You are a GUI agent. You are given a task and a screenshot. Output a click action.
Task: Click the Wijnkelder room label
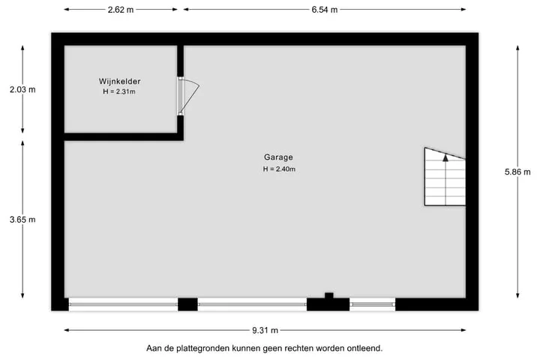coord(119,82)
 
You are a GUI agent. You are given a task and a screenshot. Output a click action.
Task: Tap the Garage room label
coord(278,157)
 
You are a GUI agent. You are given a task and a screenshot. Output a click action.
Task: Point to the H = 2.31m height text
coord(119,91)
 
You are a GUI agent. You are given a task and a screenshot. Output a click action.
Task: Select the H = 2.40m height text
coord(279,169)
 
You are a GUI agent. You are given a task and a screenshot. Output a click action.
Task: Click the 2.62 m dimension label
coord(121,10)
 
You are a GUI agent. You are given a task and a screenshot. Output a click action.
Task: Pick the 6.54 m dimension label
coord(325,10)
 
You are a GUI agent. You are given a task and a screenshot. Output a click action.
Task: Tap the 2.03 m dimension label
coord(22,89)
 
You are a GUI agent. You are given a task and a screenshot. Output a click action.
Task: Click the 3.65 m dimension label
coord(22,220)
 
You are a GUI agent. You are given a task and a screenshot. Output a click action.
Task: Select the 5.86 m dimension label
coord(517,172)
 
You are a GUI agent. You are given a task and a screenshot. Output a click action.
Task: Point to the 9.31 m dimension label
coord(265,330)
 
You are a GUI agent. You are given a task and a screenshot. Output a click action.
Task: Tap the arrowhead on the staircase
coord(445,157)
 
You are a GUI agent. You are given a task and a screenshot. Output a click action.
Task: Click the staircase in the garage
coord(445,177)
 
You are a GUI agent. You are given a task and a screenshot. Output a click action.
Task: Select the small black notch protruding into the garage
coord(329,295)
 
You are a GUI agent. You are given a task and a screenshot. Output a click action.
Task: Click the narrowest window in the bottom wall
coord(372,304)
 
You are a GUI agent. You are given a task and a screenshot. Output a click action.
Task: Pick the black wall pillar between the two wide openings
coord(187,304)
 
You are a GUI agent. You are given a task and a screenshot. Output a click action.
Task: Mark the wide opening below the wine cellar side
coord(123,304)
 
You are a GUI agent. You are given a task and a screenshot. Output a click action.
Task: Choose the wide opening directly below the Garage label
coord(252,304)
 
